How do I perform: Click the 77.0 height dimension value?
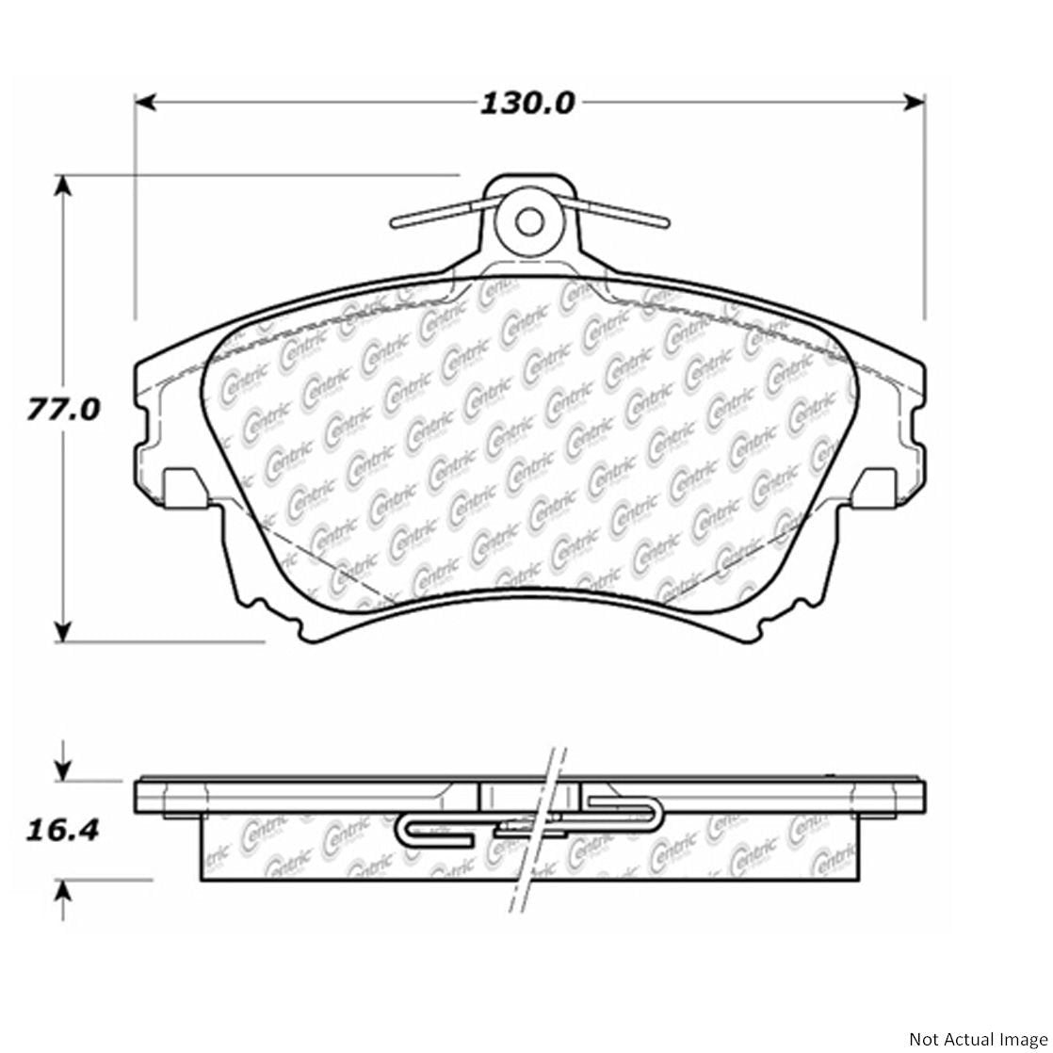point(63,411)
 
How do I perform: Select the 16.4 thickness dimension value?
point(62,831)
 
